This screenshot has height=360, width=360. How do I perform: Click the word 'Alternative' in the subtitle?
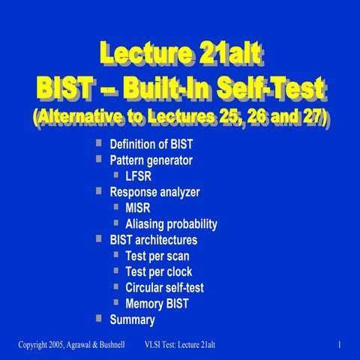pyautogui.click(x=80, y=119)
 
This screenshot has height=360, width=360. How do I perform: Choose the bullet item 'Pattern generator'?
pyautogui.click(x=152, y=160)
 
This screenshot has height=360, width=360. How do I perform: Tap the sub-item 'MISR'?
pyautogui.click(x=139, y=208)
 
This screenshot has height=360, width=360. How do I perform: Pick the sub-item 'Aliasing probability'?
pyautogui.click(x=171, y=223)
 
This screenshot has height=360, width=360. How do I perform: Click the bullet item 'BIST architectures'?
pyautogui.click(x=153, y=240)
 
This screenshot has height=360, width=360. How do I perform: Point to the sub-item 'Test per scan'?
pyautogui.click(x=157, y=256)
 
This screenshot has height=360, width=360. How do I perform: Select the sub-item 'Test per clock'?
pyautogui.click(x=158, y=271)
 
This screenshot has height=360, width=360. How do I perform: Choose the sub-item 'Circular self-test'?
pyautogui.click(x=164, y=287)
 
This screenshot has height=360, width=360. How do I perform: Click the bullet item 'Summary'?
pyautogui.click(x=132, y=320)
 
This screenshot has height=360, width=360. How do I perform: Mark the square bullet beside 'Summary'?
pyautogui.click(x=99, y=319)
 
